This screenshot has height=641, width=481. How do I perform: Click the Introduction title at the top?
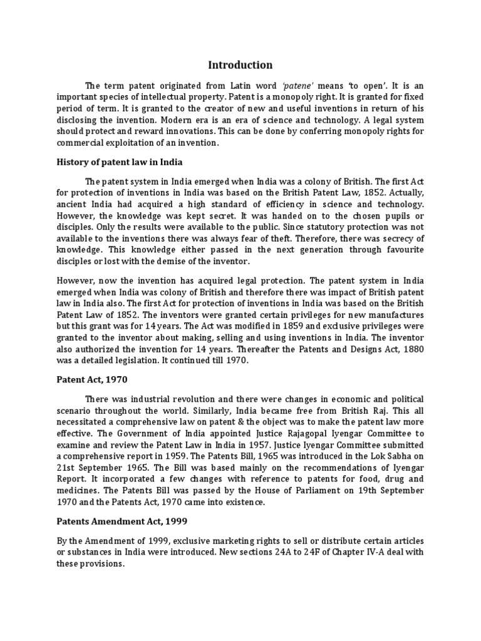240,64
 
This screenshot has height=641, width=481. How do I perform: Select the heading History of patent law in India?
119,162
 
